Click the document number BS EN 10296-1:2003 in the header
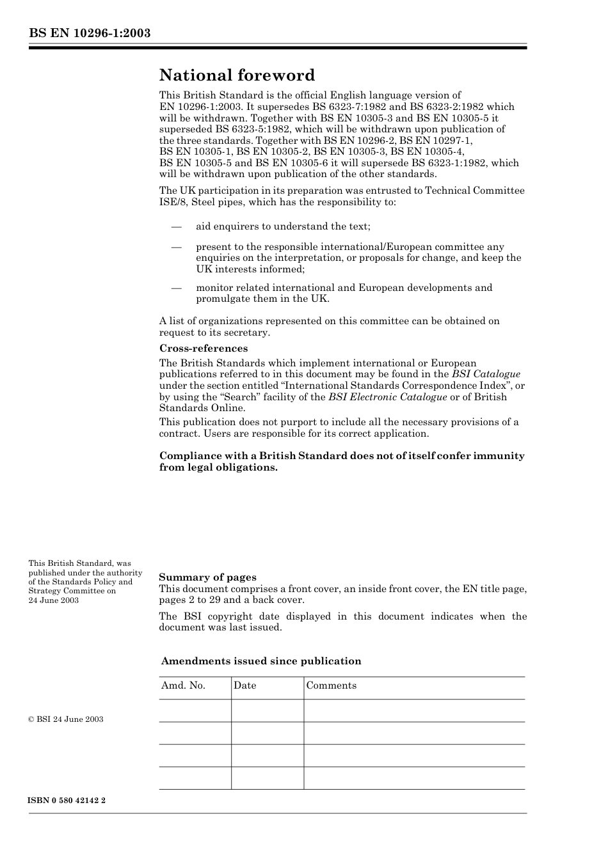pos(90,33)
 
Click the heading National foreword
pos(237,75)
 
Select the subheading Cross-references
pos(203,348)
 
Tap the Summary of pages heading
pos(207,577)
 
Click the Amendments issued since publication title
pos(261,661)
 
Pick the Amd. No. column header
pos(183,685)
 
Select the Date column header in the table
pos(244,685)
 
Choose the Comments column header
pos(331,685)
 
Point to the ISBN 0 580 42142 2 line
pos(67,801)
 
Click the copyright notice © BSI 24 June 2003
pos(66,719)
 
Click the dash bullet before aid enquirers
pos(176,226)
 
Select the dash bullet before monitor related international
pos(176,288)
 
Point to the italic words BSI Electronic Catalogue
pos(387,397)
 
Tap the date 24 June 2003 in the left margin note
pos(54,600)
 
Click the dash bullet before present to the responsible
pos(176,247)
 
